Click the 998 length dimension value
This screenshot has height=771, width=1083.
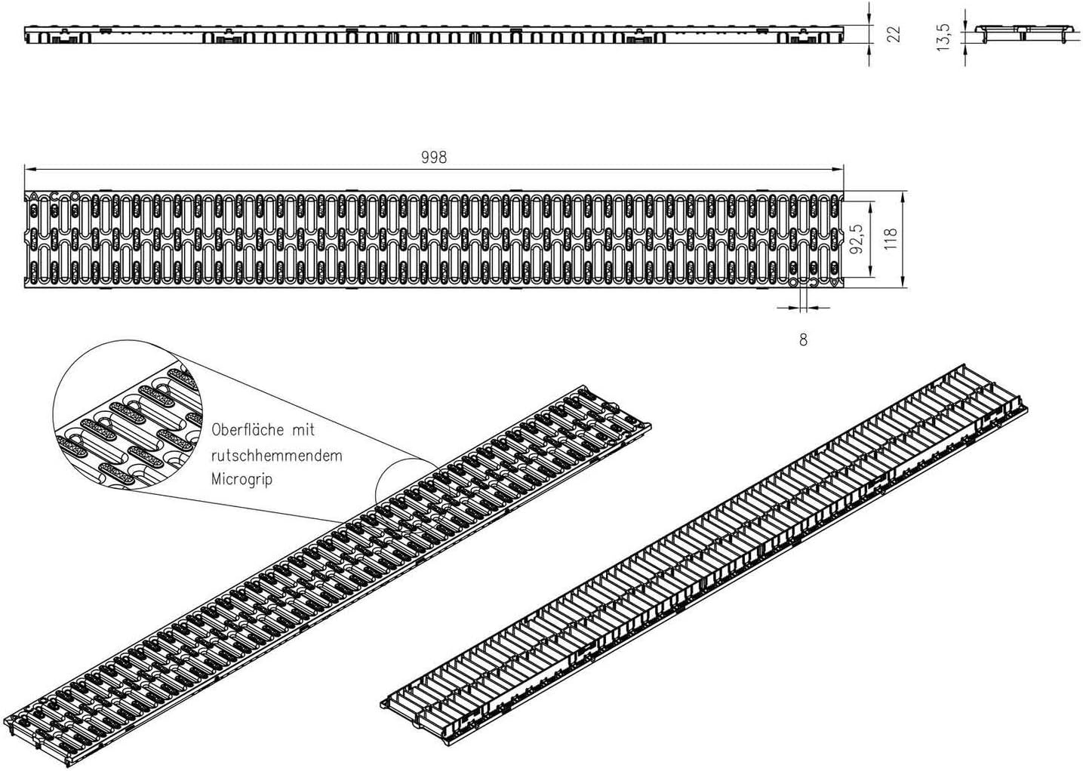click(x=434, y=157)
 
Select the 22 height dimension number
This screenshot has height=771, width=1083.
click(x=894, y=34)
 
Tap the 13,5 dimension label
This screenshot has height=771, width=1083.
click(x=943, y=37)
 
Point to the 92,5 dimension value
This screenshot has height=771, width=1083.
click(x=857, y=239)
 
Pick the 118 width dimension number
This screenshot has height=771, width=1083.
click(x=890, y=239)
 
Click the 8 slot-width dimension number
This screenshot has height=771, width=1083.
click(x=803, y=339)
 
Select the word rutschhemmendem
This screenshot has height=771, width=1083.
click(x=276, y=456)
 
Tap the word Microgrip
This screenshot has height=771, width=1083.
click(x=242, y=479)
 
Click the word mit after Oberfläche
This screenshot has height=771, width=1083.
click(x=303, y=430)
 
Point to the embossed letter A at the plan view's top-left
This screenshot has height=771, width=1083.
click(x=33, y=196)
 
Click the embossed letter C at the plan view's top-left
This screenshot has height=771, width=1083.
click(x=54, y=196)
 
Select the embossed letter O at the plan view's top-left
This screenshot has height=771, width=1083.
click(x=75, y=196)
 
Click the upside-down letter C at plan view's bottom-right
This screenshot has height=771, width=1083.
click(x=814, y=282)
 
